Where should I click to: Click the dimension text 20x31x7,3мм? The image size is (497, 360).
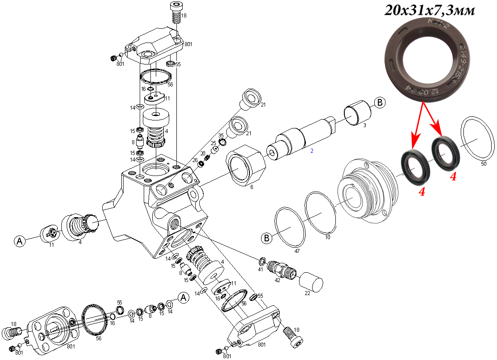tap(429, 11)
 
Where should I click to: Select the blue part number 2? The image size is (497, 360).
tap(312, 151)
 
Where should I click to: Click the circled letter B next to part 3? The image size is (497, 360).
tap(379, 103)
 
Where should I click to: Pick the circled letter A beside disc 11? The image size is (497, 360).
tap(20, 241)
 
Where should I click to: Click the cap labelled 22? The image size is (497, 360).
tap(311, 283)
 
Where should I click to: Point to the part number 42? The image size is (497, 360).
tap(278, 280)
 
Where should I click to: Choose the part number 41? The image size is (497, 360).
tap(260, 270)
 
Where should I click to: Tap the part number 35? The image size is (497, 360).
tap(221, 135)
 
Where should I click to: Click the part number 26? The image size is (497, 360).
tap(195, 160)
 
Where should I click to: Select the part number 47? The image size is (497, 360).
tap(296, 251)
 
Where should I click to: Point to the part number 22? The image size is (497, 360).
tap(307, 293)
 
